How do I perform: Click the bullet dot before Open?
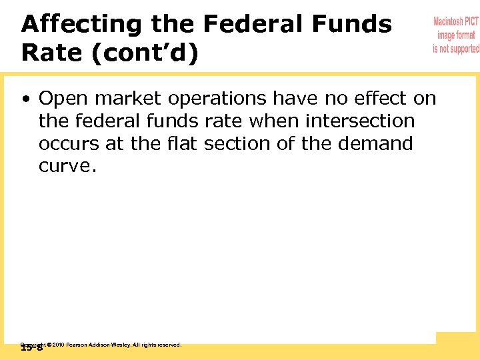click(25, 99)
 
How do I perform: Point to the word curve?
click(67, 166)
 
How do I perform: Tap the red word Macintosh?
click(456, 22)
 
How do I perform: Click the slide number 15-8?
click(31, 348)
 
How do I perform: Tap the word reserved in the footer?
click(167, 345)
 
